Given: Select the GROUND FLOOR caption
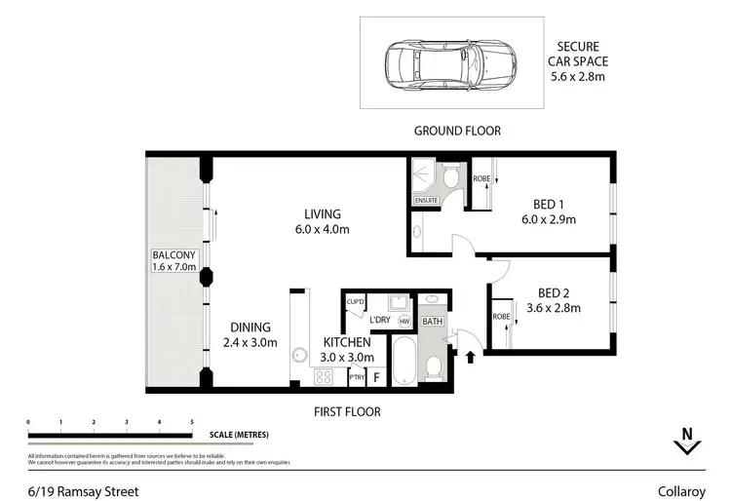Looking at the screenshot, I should tap(456, 131).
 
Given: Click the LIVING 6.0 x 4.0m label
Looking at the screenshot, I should tap(321, 222).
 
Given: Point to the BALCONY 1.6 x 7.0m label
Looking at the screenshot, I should tap(174, 260).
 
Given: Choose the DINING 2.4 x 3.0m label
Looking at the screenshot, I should tap(250, 334).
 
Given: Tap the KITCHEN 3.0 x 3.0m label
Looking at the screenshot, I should tap(347, 349).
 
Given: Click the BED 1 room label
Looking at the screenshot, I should tap(549, 212).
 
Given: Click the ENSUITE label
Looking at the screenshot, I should tap(426, 201).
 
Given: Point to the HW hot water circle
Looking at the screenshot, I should tap(404, 321).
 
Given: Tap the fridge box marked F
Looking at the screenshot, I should tap(376, 375).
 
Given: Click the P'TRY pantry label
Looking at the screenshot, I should tap(356, 376).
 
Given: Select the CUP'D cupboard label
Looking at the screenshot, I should tap(355, 302).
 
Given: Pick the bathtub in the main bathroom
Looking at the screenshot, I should tap(404, 362).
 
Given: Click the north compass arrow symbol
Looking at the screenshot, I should tap(688, 446).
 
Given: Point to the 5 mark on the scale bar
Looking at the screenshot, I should tap(191, 421).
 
